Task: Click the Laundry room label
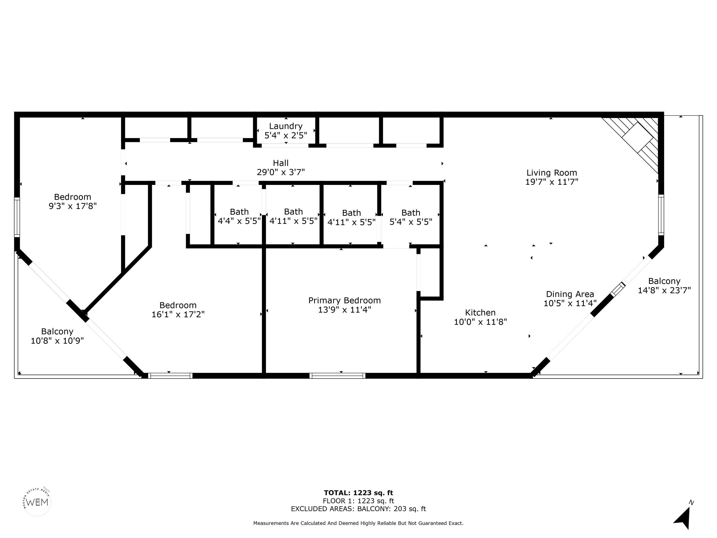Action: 286,126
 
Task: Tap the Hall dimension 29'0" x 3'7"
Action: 281,172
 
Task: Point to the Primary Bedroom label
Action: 344,301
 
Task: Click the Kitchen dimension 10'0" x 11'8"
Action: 480,322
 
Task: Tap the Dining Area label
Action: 570,294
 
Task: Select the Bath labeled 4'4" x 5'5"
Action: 239,216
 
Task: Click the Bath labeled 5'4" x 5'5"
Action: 411,217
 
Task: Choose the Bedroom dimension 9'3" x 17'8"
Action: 73,206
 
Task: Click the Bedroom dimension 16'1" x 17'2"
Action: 178,314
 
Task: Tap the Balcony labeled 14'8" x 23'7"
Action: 664,286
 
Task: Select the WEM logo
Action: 38,502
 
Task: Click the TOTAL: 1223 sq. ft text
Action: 358,493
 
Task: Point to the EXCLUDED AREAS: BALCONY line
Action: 358,509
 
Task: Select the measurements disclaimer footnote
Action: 358,523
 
